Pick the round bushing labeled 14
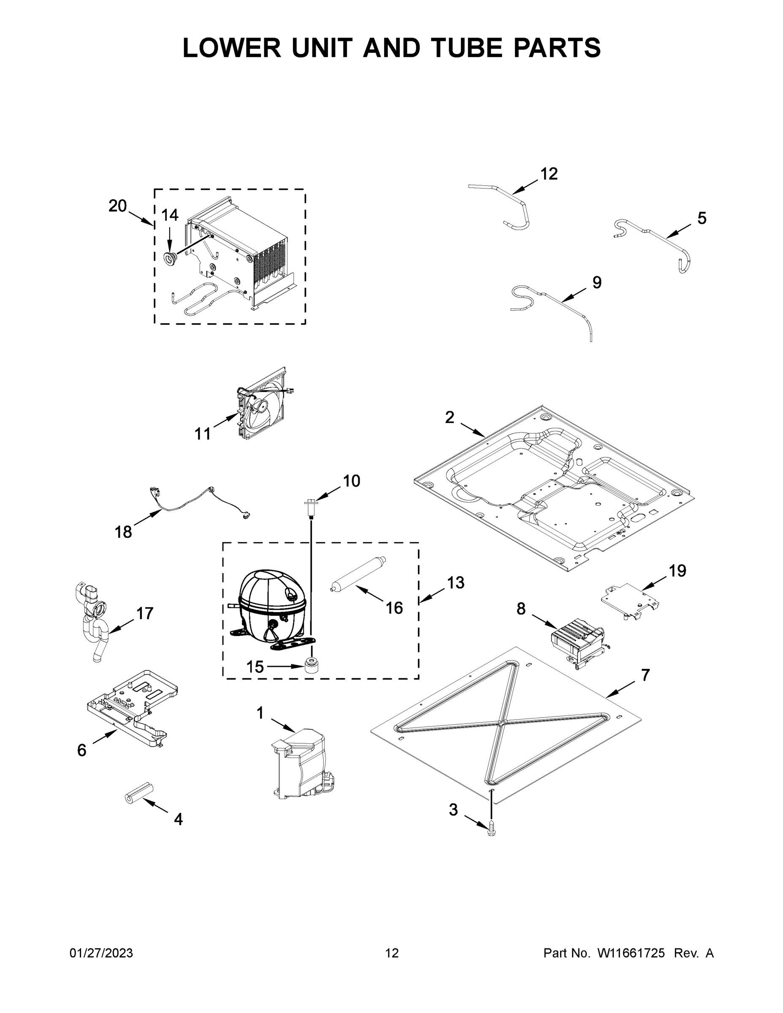(x=170, y=258)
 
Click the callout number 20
(x=117, y=206)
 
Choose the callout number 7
(x=645, y=675)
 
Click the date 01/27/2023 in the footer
(x=101, y=953)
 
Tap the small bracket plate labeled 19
(x=631, y=601)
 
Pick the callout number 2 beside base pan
(x=450, y=417)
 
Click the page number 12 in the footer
(x=392, y=953)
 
